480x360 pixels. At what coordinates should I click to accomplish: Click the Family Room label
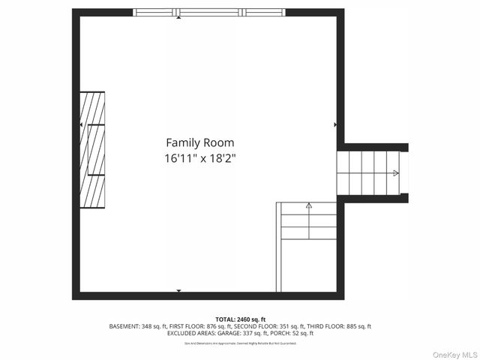click(199, 142)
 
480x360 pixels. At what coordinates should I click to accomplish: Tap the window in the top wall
click(210, 12)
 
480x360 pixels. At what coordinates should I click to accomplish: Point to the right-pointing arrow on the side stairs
click(396, 172)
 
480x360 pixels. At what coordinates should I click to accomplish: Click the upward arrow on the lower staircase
click(308, 205)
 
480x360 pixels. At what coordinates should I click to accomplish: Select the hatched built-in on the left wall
click(93, 149)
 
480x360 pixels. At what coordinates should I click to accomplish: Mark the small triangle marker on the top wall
click(178, 17)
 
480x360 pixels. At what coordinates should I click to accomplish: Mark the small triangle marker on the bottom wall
click(178, 290)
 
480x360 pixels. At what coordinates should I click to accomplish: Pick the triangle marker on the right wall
click(335, 124)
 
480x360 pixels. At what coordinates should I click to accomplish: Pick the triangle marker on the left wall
click(81, 124)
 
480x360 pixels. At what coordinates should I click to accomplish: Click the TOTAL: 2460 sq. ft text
click(240, 319)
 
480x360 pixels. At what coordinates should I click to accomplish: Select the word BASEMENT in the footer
click(124, 326)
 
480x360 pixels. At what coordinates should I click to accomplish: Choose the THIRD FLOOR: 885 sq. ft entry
click(338, 326)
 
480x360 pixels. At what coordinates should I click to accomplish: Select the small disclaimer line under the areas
click(240, 343)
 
